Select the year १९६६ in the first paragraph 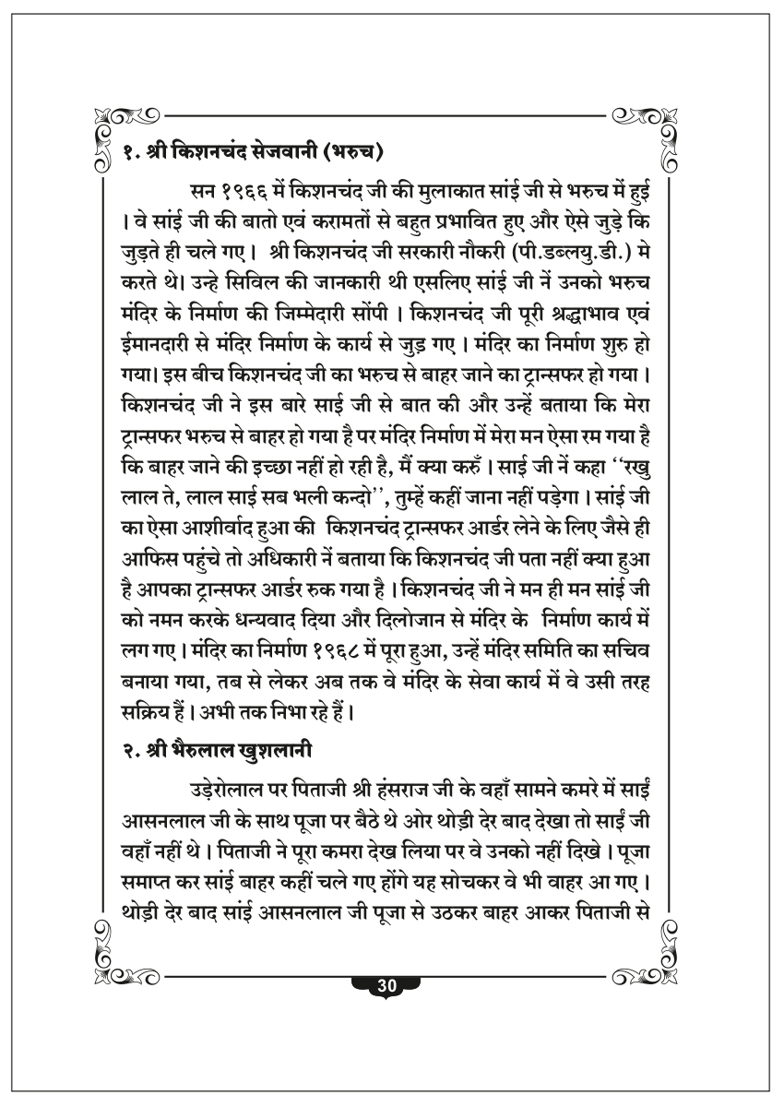pyautogui.click(x=244, y=192)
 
